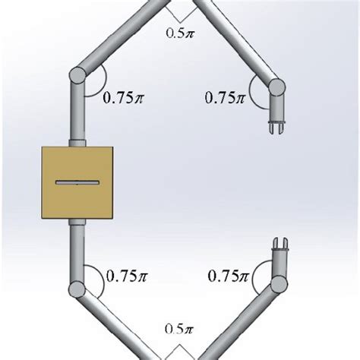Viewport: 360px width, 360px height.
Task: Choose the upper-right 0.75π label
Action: (x=225, y=98)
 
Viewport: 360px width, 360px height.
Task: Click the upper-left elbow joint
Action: (x=78, y=77)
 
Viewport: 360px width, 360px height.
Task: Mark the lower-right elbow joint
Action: (x=276, y=286)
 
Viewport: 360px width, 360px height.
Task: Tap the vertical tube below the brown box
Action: (x=78, y=251)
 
